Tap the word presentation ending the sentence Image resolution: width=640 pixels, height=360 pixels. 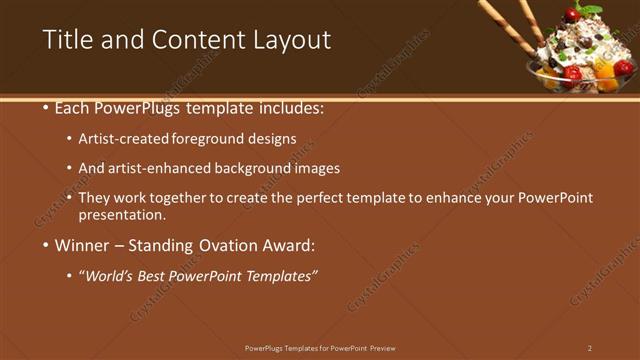(x=121, y=214)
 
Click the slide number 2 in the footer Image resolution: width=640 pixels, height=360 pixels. (x=590, y=348)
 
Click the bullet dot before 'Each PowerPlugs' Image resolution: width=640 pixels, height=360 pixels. (x=47, y=107)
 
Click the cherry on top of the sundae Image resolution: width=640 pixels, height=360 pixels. (x=571, y=15)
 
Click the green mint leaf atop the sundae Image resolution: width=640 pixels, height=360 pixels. (x=591, y=7)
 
